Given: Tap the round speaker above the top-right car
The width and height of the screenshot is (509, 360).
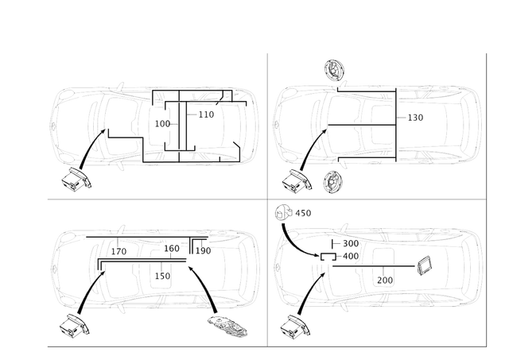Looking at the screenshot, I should coord(333,71).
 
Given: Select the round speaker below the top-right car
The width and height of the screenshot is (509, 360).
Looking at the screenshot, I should coord(332,184).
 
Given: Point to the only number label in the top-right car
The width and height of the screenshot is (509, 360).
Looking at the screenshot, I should coord(416,117).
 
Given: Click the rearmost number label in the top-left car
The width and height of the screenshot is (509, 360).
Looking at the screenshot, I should coord(206,116).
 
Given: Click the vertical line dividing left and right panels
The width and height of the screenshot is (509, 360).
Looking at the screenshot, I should coord(266,199).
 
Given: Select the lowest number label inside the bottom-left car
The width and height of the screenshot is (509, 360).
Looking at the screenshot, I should coord(161,276).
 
